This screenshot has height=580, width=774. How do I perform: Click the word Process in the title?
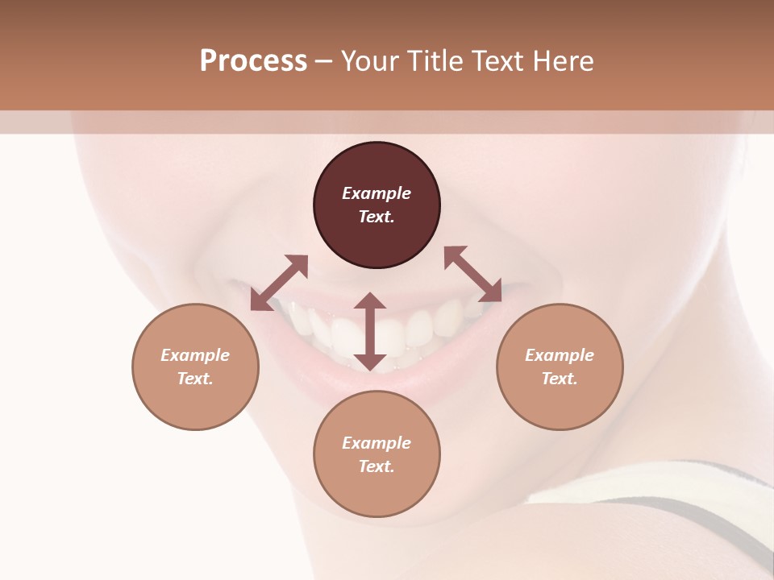(x=253, y=60)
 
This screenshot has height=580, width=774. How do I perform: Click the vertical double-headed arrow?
(x=370, y=331)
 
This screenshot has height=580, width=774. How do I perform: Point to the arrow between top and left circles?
(x=279, y=281)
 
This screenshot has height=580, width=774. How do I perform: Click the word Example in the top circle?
(x=377, y=193)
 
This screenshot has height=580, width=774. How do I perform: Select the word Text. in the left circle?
(x=195, y=379)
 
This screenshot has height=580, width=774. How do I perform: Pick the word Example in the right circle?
(x=560, y=355)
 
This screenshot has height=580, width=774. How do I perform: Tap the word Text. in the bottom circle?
(x=377, y=466)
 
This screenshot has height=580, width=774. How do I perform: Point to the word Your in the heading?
(x=368, y=60)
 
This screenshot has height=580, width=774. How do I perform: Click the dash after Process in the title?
(x=323, y=61)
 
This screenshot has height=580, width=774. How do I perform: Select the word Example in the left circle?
(x=195, y=355)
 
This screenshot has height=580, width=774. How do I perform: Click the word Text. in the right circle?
(x=560, y=379)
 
